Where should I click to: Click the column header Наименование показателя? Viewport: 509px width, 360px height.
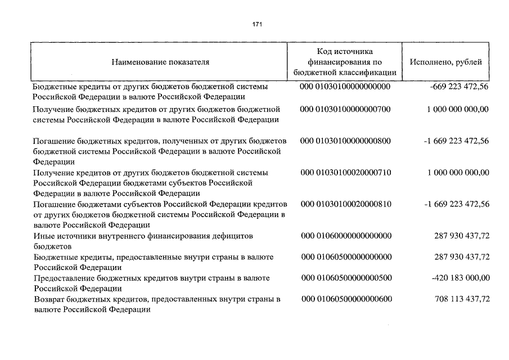pos(160,62)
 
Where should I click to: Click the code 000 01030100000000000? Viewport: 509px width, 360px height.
pos(346,87)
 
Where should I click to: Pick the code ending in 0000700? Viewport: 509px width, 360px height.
pos(346,109)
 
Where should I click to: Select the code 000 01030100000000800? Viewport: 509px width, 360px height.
pos(346,140)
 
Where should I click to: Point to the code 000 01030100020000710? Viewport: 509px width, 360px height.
pos(346,172)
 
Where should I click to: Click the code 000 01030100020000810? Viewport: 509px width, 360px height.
pos(346,204)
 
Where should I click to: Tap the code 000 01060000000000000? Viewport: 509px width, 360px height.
pos(346,236)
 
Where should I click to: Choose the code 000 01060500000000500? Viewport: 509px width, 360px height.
pos(346,278)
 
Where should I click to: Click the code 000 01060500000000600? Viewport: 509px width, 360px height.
pos(346,299)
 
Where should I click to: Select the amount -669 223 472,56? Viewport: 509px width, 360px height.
pos(458,87)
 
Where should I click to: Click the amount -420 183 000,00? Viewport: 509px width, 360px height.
pos(458,278)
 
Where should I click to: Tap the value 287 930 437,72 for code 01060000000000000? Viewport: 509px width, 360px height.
pos(462,236)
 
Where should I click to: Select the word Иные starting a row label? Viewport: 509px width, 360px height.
pos(43,236)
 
